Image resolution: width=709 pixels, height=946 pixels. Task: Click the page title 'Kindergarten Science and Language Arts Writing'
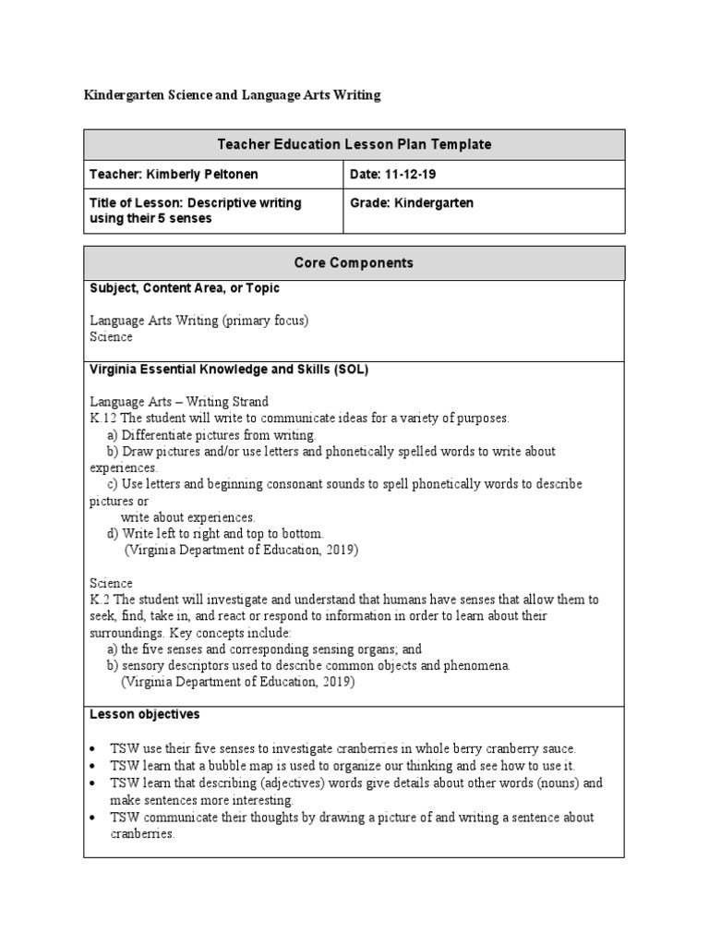click(x=232, y=95)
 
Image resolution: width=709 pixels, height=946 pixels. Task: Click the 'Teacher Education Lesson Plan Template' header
click(x=354, y=144)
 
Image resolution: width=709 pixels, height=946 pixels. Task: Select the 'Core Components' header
click(x=354, y=262)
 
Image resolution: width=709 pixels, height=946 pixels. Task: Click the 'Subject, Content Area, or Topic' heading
click(x=185, y=288)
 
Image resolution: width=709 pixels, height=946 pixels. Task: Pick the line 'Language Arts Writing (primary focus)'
click(x=198, y=321)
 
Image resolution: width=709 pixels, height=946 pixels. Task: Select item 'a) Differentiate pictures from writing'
click(x=211, y=435)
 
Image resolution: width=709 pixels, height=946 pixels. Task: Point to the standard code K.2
click(x=100, y=600)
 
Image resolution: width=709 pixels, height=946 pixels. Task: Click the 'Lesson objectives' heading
click(x=144, y=714)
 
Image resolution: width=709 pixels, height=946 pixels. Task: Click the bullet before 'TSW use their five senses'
click(x=95, y=748)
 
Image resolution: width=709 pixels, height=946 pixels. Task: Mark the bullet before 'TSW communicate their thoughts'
click(x=95, y=818)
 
